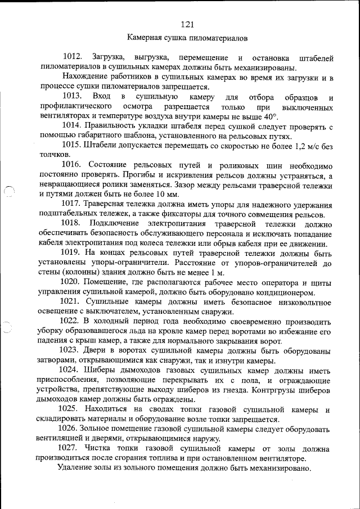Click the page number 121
tap(187, 24)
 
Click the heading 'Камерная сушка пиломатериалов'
tap(187, 39)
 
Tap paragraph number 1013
tap(72, 98)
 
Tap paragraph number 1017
tap(72, 204)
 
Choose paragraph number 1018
tap(72, 224)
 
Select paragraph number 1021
tap(72, 302)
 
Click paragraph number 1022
tap(72, 321)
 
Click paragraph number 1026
tap(72, 429)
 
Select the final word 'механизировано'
tap(280, 469)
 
